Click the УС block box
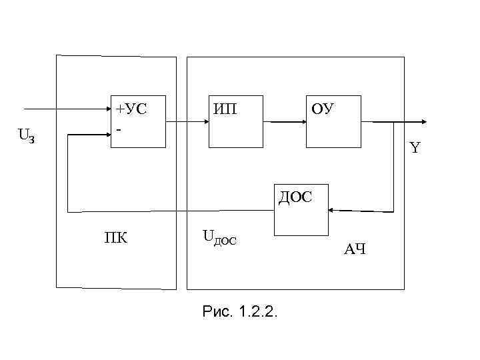point(138,122)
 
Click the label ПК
point(116,238)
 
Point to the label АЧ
point(354,250)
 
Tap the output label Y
point(415,148)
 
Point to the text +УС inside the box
point(131,108)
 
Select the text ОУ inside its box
point(323,108)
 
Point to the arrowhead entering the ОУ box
point(302,123)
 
